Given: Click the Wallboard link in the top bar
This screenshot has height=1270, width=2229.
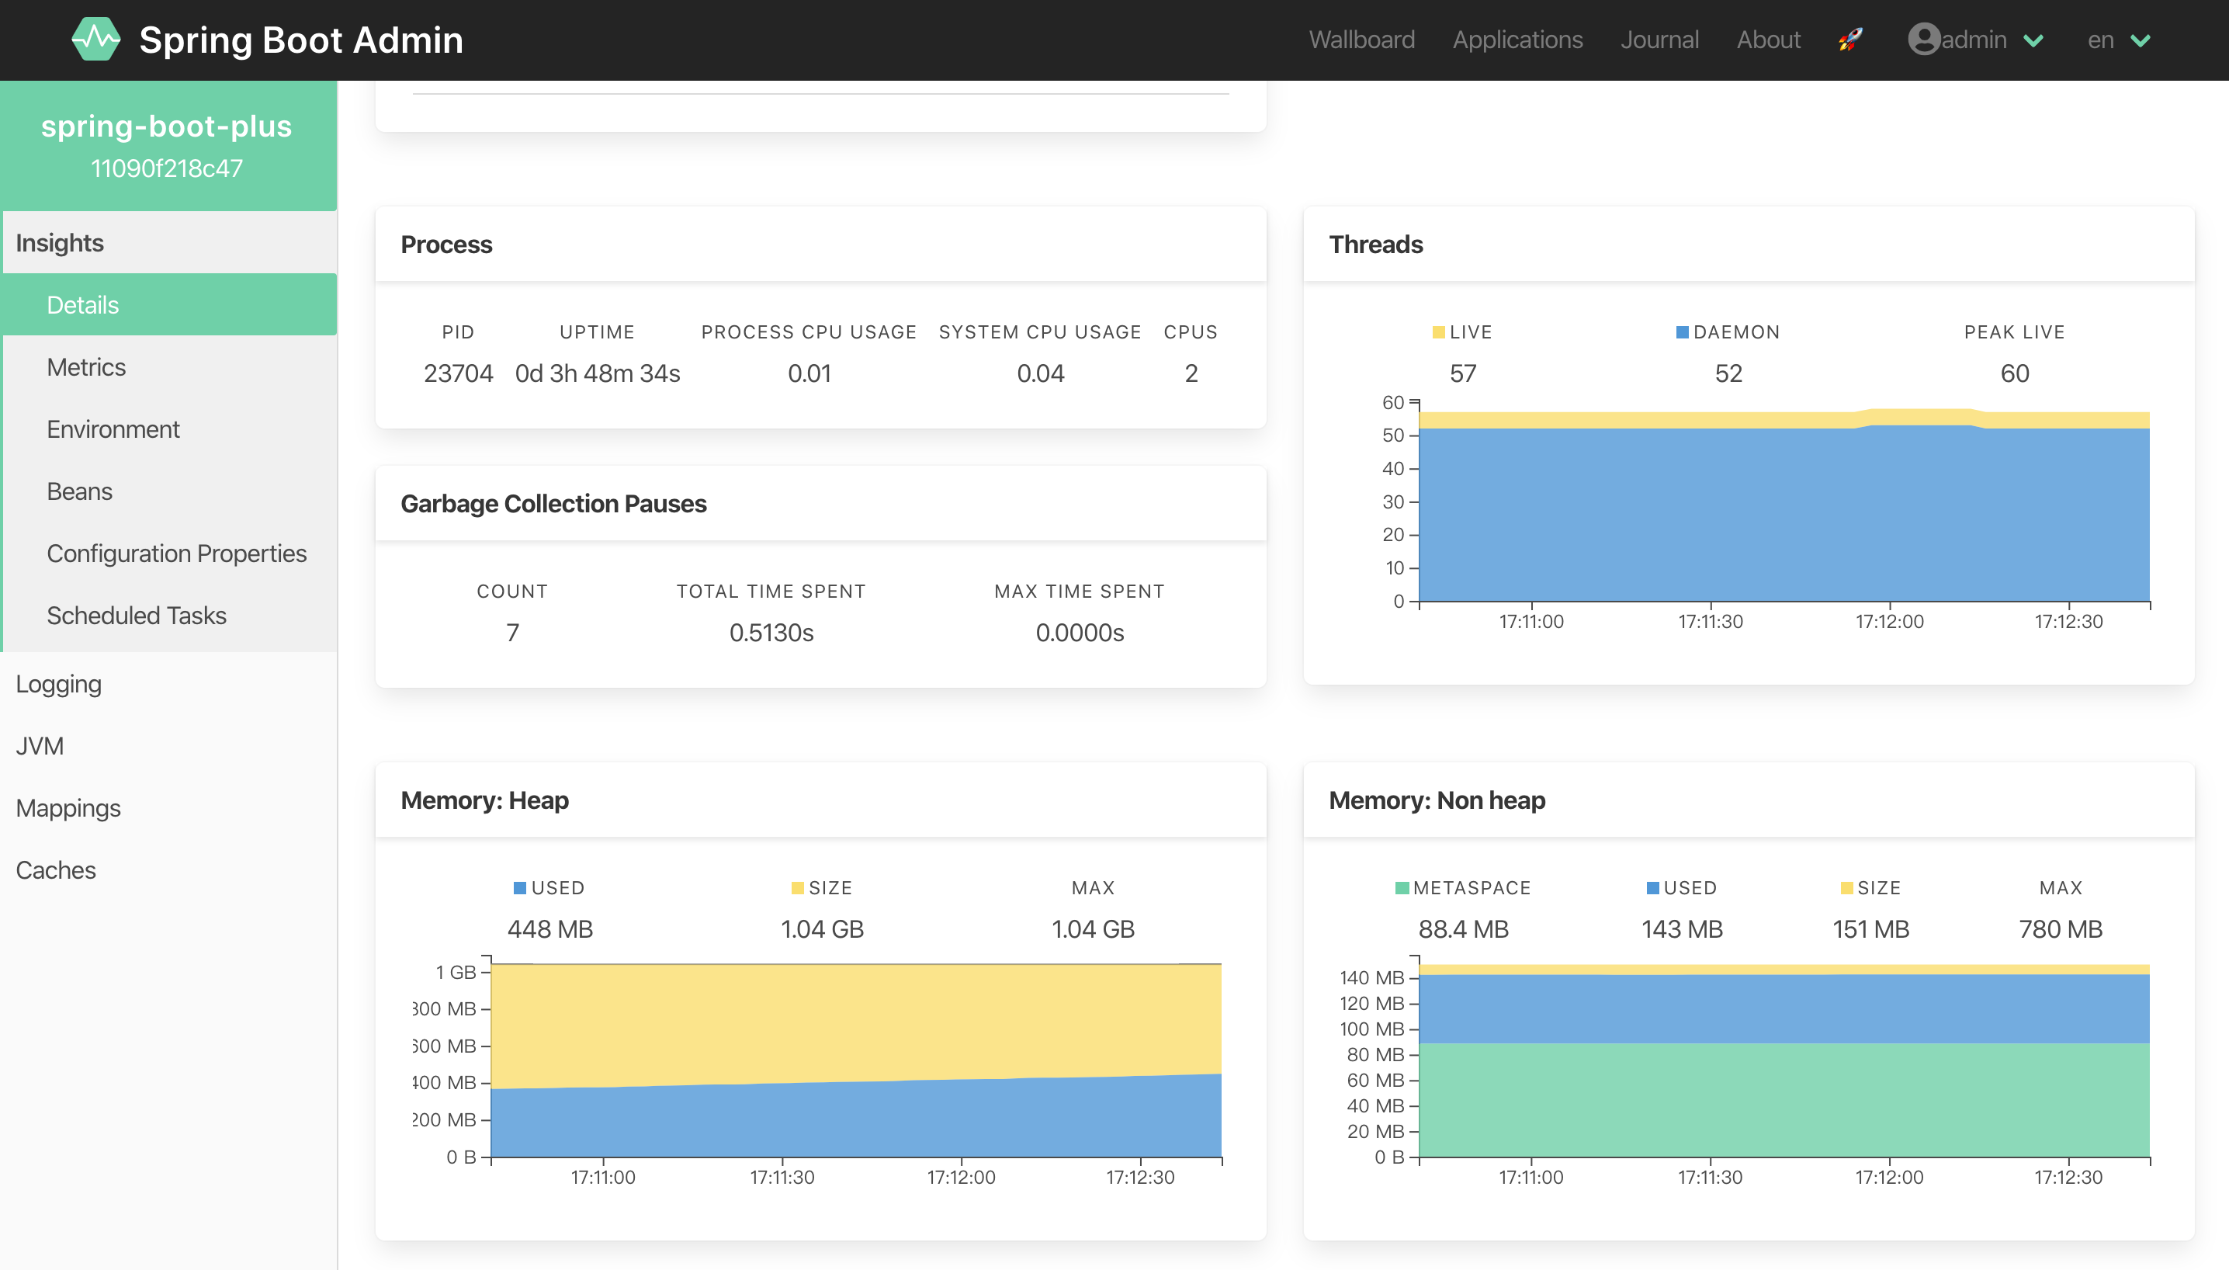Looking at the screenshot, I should tap(1361, 40).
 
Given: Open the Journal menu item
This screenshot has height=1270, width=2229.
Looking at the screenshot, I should tap(1659, 40).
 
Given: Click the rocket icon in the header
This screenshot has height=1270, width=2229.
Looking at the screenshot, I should tap(1850, 40).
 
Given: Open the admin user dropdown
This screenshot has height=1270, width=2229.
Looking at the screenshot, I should tap(1974, 40).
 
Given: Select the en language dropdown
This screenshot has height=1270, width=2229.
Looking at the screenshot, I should tap(2117, 40).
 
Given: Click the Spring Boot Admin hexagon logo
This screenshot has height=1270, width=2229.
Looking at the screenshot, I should tap(96, 40).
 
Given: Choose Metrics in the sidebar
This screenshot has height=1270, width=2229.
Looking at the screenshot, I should tap(86, 367).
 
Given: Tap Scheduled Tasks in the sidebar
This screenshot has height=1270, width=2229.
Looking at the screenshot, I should tap(136, 616).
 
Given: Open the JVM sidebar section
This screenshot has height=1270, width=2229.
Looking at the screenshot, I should tap(40, 747).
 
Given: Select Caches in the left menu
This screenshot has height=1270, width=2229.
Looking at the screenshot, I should tap(56, 870).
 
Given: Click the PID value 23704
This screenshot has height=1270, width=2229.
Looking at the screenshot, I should tap(458, 373).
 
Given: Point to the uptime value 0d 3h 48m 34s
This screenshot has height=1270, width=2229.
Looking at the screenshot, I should tap(598, 373).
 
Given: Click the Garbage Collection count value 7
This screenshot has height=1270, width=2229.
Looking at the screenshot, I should tap(512, 633).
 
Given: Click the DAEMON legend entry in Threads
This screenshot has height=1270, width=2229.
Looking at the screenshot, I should tap(1728, 332).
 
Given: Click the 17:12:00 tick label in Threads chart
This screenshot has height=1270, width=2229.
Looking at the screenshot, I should tap(1889, 622).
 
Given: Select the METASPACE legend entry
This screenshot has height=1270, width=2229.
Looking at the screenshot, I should tap(1463, 888).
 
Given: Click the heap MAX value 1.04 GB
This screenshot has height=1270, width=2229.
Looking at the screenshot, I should tap(1093, 929).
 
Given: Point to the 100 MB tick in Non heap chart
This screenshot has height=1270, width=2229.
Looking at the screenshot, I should tap(1371, 1029).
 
